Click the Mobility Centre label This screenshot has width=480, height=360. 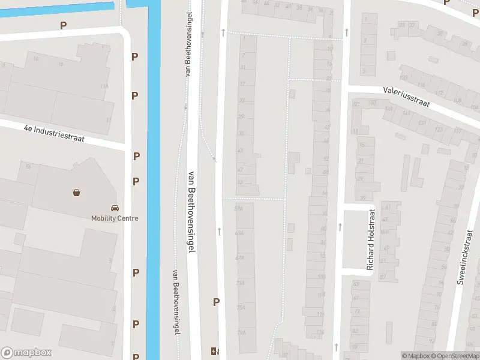point(115,218)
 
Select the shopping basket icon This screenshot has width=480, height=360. point(77,193)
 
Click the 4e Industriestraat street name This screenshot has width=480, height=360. point(54,133)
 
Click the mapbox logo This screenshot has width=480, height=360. point(26,353)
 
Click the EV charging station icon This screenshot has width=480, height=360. point(214,351)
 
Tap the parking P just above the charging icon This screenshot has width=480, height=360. point(216,302)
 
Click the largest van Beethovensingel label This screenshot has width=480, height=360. point(192,210)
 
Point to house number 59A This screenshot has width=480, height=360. point(239,209)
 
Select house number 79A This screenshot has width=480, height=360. point(241,332)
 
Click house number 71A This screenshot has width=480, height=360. point(241,283)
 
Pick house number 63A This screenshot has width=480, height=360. point(239,233)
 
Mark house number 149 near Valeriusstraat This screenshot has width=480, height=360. point(388,110)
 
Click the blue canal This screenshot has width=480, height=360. point(153,180)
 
